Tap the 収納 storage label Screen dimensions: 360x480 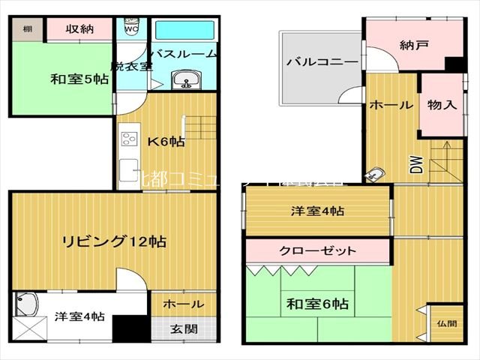click(78, 29)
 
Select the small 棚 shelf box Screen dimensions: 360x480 click(27, 29)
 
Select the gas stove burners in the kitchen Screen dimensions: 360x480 click(128, 139)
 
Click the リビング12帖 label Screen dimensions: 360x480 click(113, 241)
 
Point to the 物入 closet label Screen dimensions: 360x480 click(442, 104)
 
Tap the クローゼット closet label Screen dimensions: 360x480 click(317, 250)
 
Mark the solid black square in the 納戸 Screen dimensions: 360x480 click(452, 64)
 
